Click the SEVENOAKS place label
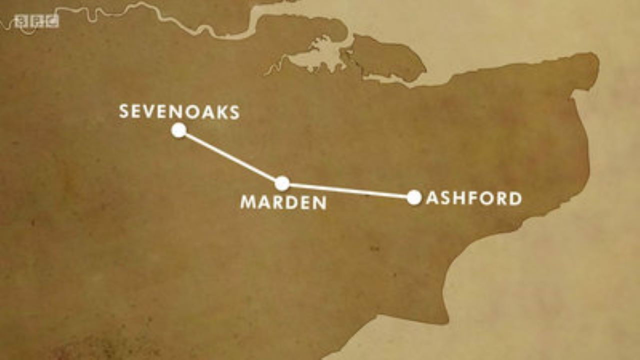(179, 112)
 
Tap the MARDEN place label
(283, 202)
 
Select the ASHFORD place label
(473, 198)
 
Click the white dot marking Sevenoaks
(178, 130)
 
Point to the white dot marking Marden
(282, 183)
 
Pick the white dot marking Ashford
(413, 197)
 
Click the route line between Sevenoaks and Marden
(230, 156)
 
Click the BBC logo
(36, 21)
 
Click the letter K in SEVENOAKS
(221, 112)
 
